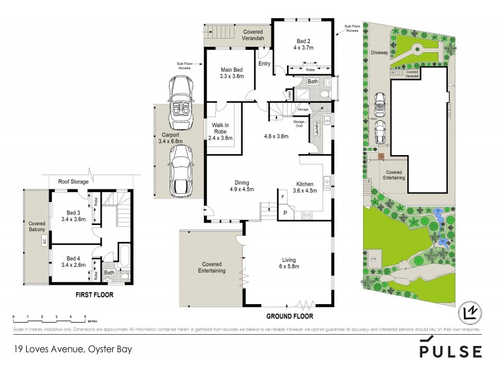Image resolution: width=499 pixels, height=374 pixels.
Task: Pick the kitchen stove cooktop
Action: pyautogui.click(x=308, y=215)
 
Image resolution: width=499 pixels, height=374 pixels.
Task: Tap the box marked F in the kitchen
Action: pyautogui.click(x=284, y=198)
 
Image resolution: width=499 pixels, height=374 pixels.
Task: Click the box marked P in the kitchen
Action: pyautogui.click(x=285, y=213)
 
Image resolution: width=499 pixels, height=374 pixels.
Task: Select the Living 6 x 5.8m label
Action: pyautogui.click(x=288, y=263)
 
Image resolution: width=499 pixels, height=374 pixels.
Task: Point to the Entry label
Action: pyautogui.click(x=264, y=63)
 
